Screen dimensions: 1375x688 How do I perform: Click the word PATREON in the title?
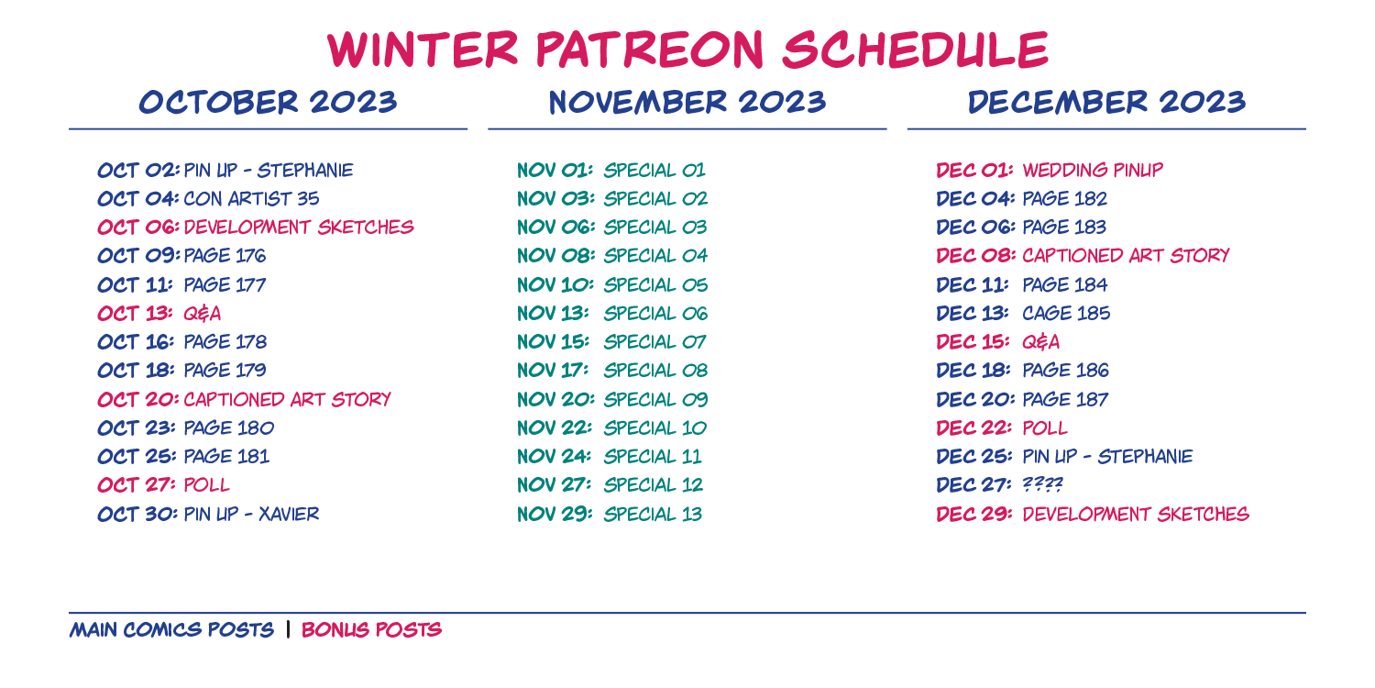(649, 50)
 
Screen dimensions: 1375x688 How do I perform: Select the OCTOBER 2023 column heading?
(269, 102)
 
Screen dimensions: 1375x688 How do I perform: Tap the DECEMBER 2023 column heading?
(1106, 102)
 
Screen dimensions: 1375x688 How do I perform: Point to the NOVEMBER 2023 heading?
(687, 102)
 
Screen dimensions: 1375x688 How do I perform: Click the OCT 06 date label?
(138, 227)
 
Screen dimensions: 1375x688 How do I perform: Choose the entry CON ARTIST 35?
(252, 199)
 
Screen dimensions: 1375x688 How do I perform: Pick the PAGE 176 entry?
(225, 256)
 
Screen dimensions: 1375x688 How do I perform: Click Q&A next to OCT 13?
(202, 314)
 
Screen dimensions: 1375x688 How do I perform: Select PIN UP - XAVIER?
(252, 514)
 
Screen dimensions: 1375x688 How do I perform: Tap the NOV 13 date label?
(553, 314)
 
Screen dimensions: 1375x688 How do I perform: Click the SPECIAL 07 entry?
(654, 342)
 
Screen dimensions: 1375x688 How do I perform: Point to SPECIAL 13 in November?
(653, 514)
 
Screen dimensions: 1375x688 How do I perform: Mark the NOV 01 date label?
(555, 170)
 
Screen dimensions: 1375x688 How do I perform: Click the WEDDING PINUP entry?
(1093, 170)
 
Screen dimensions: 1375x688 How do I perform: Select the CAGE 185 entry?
(1066, 314)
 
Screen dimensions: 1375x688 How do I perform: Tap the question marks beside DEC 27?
(1042, 484)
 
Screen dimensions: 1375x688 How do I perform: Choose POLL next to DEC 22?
(1045, 428)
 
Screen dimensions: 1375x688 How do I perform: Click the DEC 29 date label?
(974, 514)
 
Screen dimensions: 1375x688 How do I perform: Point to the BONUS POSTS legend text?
(371, 629)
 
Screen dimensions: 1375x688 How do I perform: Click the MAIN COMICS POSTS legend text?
(172, 629)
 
